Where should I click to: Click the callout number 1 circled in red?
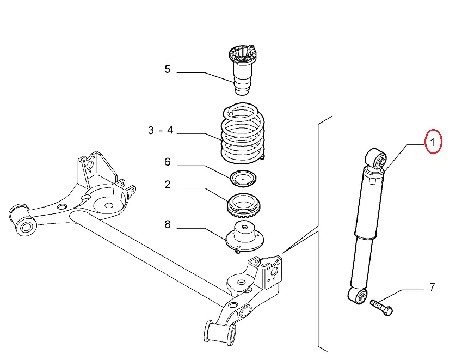click(x=434, y=143)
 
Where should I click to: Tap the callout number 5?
click(x=168, y=70)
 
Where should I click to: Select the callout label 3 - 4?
click(x=160, y=130)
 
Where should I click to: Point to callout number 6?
click(x=168, y=162)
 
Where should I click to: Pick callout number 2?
click(x=168, y=185)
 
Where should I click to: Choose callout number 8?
click(x=168, y=224)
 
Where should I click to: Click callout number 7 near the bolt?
click(x=432, y=288)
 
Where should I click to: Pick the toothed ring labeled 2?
click(x=244, y=206)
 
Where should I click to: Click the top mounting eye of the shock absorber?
click(x=377, y=159)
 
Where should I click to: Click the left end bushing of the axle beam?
click(x=23, y=222)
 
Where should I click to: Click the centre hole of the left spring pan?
click(x=108, y=206)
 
